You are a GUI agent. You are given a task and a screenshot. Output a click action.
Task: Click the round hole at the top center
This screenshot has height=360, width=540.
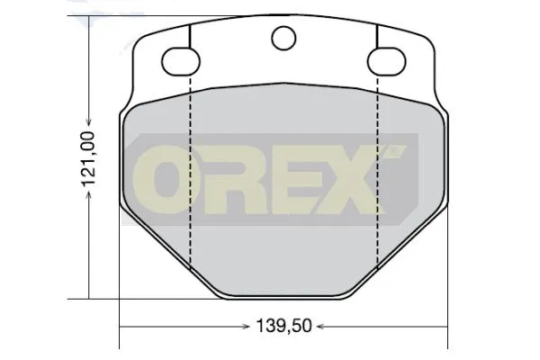[283, 38]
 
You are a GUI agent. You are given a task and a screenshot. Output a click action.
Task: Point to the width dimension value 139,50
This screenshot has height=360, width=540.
[283, 326]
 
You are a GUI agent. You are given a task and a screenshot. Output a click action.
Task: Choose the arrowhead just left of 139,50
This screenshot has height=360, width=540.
[247, 326]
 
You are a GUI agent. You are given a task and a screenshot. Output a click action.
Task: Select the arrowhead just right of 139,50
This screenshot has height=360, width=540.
[319, 326]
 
